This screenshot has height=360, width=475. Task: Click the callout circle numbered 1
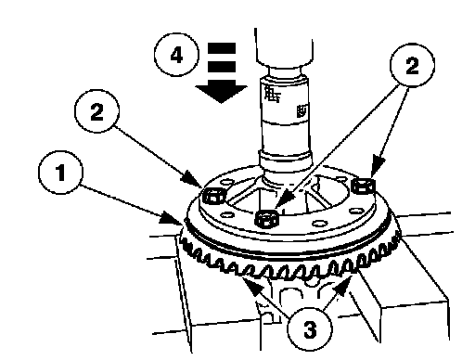(61, 173)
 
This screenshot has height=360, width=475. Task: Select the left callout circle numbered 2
(96, 111)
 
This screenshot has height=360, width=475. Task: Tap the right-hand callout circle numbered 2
(412, 65)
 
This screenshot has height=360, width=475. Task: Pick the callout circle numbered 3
(310, 328)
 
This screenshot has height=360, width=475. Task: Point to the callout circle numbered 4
(176, 56)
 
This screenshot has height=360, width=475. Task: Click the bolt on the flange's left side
(213, 196)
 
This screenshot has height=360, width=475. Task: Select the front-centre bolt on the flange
(266, 218)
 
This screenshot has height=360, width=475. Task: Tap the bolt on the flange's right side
(364, 186)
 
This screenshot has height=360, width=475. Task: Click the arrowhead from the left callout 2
(192, 179)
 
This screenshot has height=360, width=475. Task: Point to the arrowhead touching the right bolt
(377, 167)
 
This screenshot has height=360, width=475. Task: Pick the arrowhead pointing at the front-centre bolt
(283, 199)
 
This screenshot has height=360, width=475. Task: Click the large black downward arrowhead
(221, 92)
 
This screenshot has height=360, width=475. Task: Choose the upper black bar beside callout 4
(222, 48)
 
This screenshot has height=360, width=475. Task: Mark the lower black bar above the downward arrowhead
(222, 67)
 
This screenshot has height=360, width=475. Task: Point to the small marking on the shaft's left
(272, 94)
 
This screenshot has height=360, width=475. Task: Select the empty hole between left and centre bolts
(227, 214)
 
